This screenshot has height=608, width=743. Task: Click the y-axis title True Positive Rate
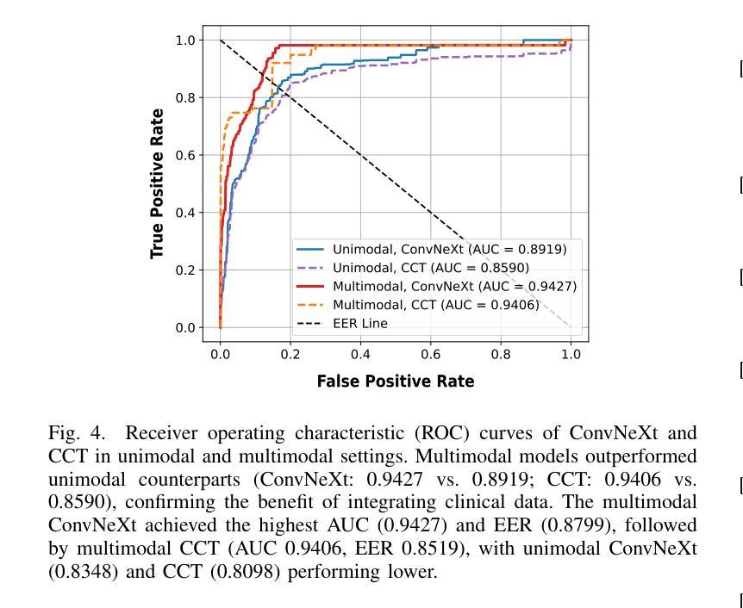[x=157, y=183]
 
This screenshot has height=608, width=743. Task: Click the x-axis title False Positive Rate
[x=396, y=381]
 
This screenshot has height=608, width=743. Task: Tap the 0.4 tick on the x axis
[x=360, y=354]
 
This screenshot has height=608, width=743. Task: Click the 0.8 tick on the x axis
[x=501, y=354]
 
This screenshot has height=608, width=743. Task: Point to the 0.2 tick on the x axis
[x=290, y=354]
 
